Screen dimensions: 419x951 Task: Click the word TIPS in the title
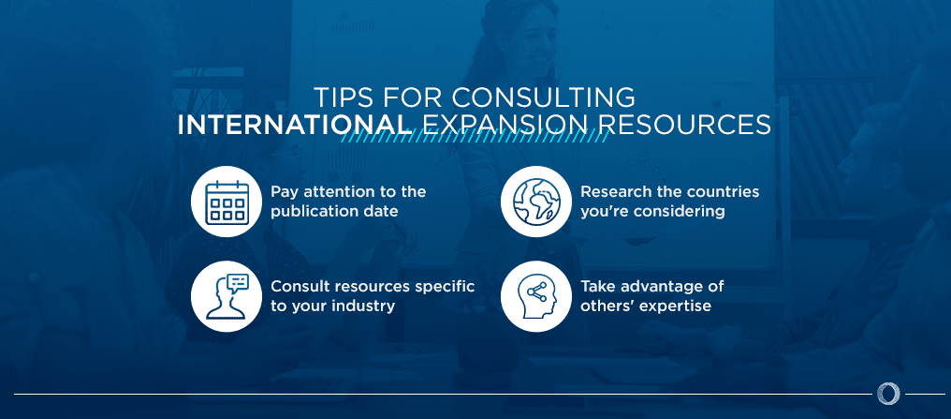(x=344, y=97)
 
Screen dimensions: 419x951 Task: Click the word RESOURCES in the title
(x=682, y=125)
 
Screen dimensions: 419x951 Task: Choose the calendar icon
(x=226, y=202)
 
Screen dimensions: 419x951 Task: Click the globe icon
(x=535, y=202)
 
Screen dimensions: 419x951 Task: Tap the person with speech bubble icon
(x=226, y=296)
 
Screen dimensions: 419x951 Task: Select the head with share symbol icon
(x=535, y=296)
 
